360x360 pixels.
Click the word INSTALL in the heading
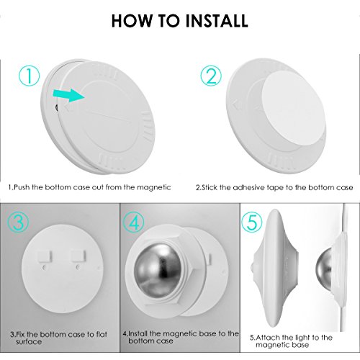tap(217, 21)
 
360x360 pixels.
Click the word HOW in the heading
tap(132, 21)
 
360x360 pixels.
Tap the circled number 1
tap(29, 76)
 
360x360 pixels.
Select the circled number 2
tap(211, 76)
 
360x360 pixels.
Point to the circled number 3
tap(18, 222)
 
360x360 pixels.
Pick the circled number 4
tap(134, 223)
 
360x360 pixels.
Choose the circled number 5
tap(252, 223)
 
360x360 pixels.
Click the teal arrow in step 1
tap(68, 96)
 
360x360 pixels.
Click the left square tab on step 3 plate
tap(44, 256)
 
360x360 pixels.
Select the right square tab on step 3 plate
tap(78, 256)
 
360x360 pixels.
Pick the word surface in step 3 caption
tap(29, 341)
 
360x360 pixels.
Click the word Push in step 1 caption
tap(22, 187)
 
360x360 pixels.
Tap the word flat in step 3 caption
tap(102, 334)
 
